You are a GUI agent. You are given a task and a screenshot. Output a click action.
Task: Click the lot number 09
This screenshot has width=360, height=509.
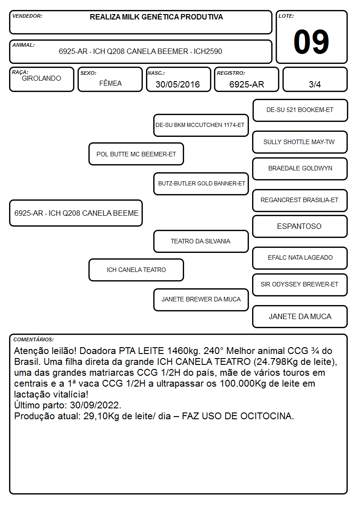311,42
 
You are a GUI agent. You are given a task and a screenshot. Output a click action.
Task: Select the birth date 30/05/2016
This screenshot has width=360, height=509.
178,84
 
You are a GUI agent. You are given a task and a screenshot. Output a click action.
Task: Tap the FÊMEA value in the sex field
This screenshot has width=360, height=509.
110,83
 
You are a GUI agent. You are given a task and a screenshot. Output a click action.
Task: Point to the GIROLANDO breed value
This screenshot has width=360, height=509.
41,78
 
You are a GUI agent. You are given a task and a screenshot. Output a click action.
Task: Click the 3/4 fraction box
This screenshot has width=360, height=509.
315,79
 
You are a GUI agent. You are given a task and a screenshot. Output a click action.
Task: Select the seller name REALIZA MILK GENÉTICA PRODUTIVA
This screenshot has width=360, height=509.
156,17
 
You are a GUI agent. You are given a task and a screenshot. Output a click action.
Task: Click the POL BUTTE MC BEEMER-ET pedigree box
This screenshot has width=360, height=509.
136,154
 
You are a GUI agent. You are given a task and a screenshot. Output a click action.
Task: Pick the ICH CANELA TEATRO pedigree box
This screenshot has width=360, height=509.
136,270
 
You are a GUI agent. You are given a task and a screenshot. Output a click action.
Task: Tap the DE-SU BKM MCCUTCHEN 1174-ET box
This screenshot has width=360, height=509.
201,125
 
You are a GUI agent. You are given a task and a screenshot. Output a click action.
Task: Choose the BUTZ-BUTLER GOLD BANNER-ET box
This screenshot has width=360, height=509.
201,184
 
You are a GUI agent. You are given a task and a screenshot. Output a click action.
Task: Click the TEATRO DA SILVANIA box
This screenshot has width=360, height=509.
201,241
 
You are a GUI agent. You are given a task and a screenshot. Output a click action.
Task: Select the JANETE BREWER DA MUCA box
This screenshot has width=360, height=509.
201,300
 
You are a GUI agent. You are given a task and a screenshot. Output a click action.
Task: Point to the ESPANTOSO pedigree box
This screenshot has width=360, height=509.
300,226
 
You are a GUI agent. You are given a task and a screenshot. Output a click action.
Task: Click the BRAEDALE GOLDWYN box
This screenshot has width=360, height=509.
300,169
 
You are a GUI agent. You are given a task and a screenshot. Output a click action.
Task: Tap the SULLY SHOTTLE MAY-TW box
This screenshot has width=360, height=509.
300,142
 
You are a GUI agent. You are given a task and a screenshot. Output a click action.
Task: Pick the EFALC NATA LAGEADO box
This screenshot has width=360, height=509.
300,258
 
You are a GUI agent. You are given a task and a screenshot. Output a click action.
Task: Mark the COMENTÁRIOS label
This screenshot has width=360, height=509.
34,339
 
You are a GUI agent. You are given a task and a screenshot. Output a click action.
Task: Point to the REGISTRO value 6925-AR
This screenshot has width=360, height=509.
247,84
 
